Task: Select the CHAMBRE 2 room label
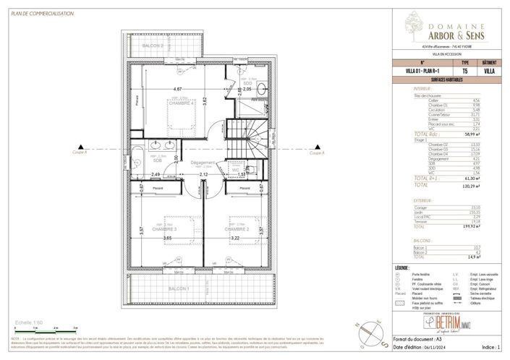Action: click(x=238, y=229)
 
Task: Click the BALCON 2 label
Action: click(x=153, y=46)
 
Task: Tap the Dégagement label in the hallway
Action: click(x=204, y=163)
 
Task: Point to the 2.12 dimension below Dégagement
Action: click(x=203, y=174)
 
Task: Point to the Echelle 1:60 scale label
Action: click(x=30, y=323)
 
